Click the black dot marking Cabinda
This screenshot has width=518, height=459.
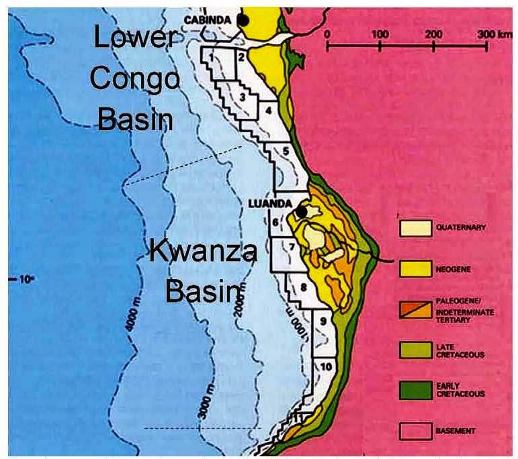244,20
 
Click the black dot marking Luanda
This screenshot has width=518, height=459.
302,211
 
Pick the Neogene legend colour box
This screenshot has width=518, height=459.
415,269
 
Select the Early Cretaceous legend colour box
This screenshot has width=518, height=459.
415,389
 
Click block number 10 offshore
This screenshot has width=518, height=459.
325,366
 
